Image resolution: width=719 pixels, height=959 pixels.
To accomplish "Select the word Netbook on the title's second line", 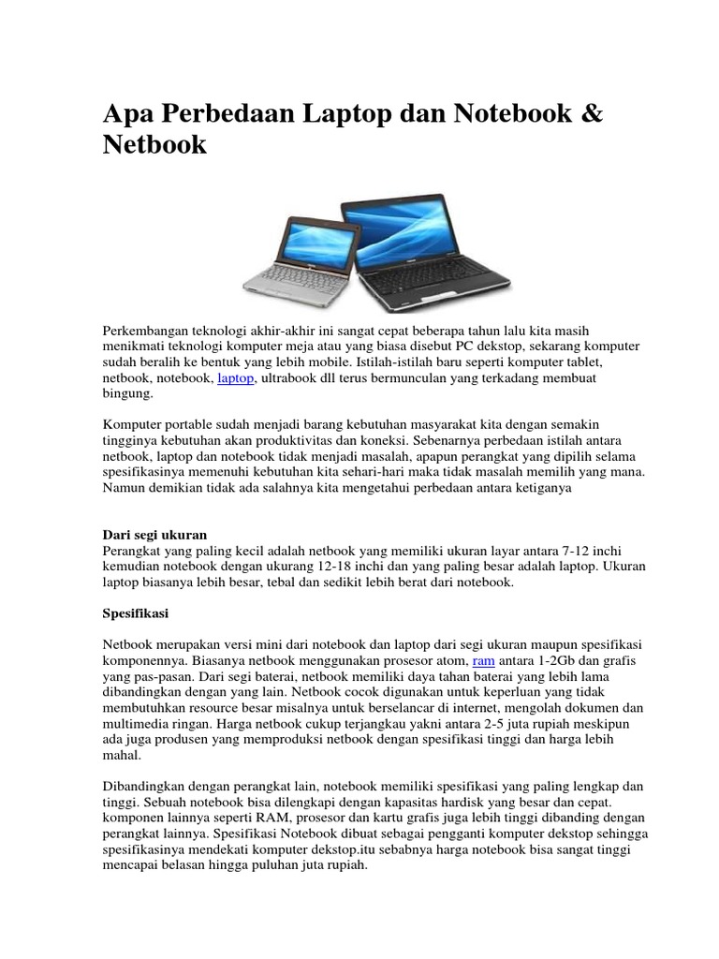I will (x=154, y=146).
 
